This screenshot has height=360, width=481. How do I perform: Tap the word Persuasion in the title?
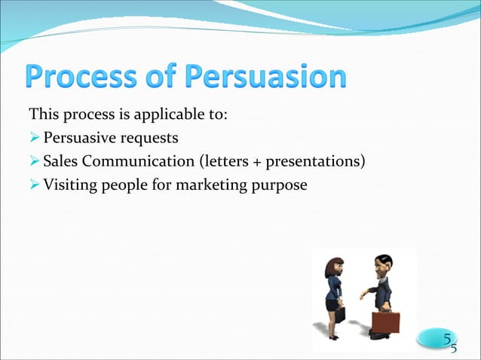[266, 79]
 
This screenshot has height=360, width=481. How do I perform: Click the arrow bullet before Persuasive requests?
[34, 139]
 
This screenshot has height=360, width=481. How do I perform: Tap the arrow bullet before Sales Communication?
[34, 161]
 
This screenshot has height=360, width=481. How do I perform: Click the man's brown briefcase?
[384, 322]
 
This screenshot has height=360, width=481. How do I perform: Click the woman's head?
[335, 267]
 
